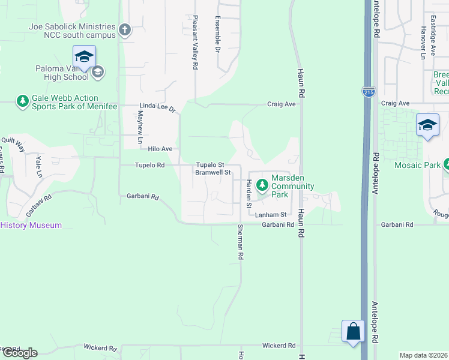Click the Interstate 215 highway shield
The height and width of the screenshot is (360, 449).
point(369,92)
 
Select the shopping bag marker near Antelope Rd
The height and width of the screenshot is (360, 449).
point(353,332)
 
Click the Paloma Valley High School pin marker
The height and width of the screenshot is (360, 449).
point(84,58)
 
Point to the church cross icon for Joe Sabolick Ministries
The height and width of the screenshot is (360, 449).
point(125,30)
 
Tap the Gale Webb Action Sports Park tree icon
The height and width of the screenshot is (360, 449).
point(23,101)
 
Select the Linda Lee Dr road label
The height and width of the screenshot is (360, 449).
point(157,109)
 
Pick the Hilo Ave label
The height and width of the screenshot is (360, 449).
point(160,149)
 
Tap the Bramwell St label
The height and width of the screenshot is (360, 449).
point(213,172)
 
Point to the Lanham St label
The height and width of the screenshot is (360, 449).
point(271,214)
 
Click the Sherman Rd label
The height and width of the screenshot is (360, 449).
point(240,242)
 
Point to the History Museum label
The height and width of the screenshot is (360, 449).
point(31,225)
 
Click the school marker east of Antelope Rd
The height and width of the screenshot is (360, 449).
point(427,126)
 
